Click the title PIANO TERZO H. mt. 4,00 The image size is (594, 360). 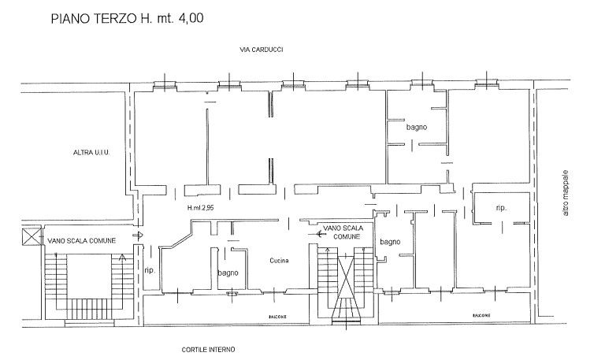point(128,18)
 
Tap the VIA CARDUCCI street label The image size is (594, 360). point(262,50)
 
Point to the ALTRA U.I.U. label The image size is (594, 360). point(91,153)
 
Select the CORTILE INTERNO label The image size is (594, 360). point(208,350)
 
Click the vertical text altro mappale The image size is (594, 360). point(566,193)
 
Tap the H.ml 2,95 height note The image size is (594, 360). point(200,208)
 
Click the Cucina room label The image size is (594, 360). point(279,260)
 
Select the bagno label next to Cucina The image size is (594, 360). point(228,273)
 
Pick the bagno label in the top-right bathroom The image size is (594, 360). point(417,128)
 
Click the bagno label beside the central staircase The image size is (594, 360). point(390,242)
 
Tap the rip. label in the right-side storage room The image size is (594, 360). point(501,208)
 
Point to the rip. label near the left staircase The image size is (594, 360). point(150,271)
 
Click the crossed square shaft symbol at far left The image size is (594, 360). point(32,236)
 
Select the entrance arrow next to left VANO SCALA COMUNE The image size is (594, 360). point(138,236)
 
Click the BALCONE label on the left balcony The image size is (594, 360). point(277,317)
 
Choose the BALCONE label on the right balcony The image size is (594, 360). point(481,315)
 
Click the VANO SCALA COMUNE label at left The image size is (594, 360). point(81,240)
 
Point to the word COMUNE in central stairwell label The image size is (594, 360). point(347,236)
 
